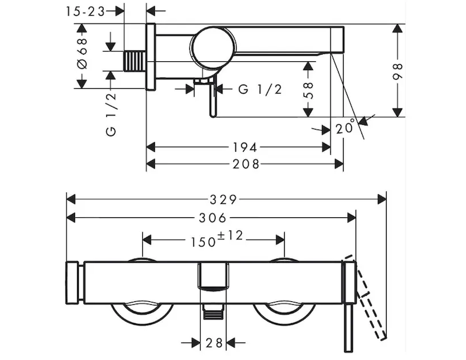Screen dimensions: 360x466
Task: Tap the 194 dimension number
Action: pos(245,147)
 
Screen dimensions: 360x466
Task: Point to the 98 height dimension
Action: pos(397,70)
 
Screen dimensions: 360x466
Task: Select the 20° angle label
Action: pos(345,127)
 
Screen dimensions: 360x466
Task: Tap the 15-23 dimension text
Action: pos(85,11)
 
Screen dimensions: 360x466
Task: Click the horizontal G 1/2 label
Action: pos(259,89)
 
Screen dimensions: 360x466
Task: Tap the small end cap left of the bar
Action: pos(73,283)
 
